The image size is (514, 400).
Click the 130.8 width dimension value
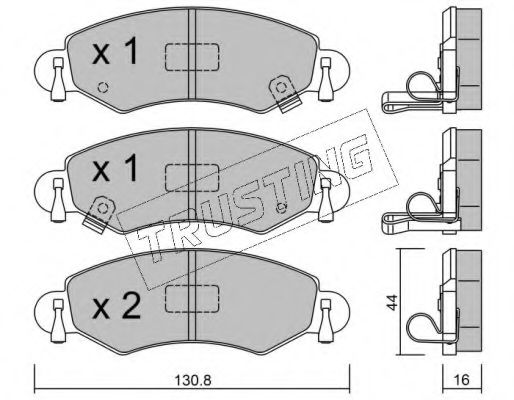[x=193, y=380]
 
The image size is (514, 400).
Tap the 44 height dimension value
[x=393, y=302]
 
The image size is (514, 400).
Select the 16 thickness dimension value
[x=462, y=380]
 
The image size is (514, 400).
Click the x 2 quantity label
[x=116, y=308]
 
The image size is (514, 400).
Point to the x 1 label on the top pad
[x=115, y=51]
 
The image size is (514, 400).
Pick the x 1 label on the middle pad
[x=115, y=168]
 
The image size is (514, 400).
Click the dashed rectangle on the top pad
[x=192, y=57]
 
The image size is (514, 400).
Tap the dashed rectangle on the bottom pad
[x=192, y=299]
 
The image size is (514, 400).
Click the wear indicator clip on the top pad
[x=285, y=93]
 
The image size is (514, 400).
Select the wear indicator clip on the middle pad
[x=99, y=214]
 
